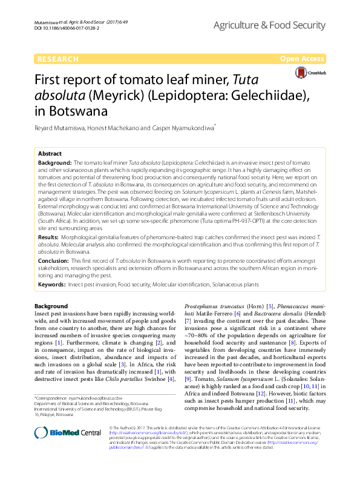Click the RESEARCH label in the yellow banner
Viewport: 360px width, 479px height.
pyautogui.click(x=58, y=59)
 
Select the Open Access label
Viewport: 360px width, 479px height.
pyautogui.click(x=303, y=59)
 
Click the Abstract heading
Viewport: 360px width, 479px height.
pyautogui.click(x=50, y=154)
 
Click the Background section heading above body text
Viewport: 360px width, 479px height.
pyautogui.click(x=51, y=306)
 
